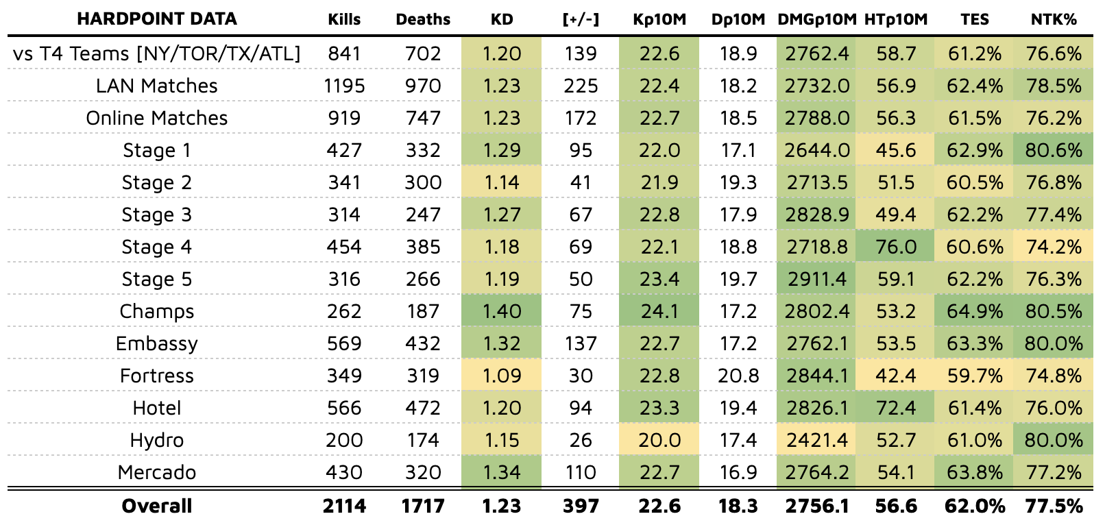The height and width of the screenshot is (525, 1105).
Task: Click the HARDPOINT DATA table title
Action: (157, 19)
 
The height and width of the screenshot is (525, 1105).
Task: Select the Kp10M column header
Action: (659, 19)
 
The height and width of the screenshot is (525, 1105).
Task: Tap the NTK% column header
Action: (1054, 19)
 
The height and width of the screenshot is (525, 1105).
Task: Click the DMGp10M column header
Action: (817, 19)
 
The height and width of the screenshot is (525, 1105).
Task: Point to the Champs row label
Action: (157, 311)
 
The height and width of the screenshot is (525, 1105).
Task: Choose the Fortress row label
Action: (157, 376)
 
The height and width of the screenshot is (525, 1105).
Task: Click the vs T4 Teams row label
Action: (157, 53)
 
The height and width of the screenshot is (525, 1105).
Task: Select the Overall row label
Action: (157, 506)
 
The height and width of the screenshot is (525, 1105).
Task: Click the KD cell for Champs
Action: (502, 311)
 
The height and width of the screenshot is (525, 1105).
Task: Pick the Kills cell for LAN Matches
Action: (344, 86)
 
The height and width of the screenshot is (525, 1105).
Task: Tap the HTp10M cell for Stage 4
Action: (896, 247)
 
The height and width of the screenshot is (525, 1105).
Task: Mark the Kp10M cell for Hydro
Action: (659, 440)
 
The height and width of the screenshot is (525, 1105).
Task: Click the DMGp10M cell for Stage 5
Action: (817, 279)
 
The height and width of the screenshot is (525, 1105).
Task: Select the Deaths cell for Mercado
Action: (423, 472)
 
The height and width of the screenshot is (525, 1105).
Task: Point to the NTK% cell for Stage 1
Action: (1054, 150)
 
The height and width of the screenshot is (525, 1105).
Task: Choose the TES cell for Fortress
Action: (974, 376)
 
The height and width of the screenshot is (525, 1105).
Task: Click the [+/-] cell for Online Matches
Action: (581, 118)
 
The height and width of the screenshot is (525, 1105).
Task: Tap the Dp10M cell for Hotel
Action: (738, 408)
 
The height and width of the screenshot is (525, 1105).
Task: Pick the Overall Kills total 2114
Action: (344, 506)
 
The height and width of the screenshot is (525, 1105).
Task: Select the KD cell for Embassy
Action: (502, 343)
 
